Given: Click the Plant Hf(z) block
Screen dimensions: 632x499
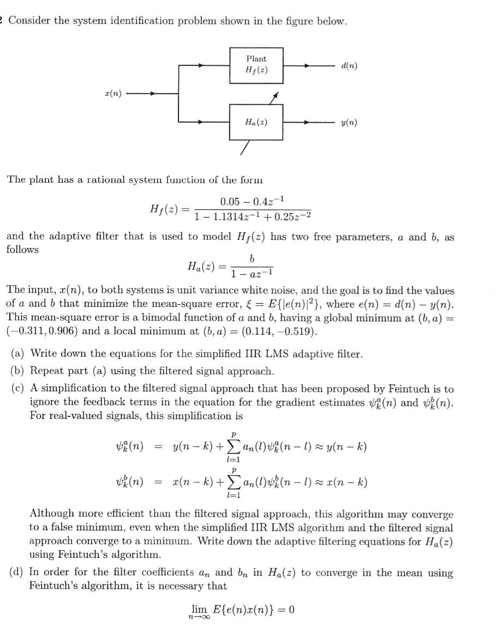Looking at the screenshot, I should [x=256, y=65].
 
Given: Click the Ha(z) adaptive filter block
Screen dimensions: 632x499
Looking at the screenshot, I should [x=256, y=122].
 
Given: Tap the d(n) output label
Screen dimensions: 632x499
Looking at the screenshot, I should [x=349, y=65].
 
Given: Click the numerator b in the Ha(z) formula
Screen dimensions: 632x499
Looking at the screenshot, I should [x=251, y=257].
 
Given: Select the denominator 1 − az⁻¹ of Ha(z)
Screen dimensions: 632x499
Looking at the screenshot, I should [x=251, y=272].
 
